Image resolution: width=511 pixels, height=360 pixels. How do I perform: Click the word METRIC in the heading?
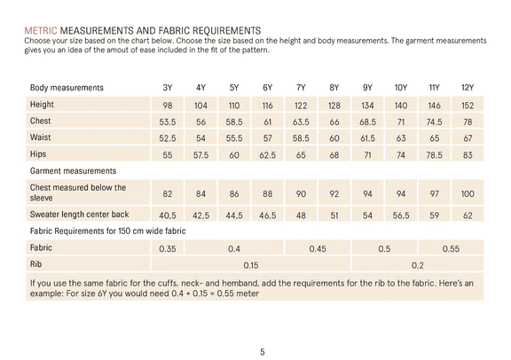point(41,31)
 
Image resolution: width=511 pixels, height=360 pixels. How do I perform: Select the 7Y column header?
point(301,88)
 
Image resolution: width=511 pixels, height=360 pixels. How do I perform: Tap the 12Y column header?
point(468,88)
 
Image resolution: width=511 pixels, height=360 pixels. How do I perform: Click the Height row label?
point(42,105)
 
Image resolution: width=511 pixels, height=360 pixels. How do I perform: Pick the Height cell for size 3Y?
point(168,106)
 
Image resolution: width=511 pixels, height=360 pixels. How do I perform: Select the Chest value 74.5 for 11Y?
point(434,121)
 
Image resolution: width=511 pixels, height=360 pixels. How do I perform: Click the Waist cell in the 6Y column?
point(268,138)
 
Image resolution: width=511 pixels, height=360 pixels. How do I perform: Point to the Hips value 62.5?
point(268,155)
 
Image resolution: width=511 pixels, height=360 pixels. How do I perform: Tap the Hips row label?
point(38,153)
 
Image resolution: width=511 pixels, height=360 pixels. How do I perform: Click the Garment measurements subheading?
point(73,171)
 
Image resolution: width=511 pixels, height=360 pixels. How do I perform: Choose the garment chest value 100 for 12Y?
point(468,194)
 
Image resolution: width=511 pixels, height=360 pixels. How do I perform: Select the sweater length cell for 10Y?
point(401,215)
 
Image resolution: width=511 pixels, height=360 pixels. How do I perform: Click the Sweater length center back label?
point(79,215)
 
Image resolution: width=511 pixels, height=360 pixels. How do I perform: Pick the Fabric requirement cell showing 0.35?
point(168,249)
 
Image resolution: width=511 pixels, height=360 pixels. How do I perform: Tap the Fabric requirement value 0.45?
point(318,249)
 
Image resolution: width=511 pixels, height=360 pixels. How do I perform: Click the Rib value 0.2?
point(418,265)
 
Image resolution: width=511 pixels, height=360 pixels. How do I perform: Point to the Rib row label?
point(35,264)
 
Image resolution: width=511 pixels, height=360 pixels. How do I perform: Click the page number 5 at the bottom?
point(263,352)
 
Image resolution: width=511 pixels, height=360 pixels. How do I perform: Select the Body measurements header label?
point(67,88)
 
